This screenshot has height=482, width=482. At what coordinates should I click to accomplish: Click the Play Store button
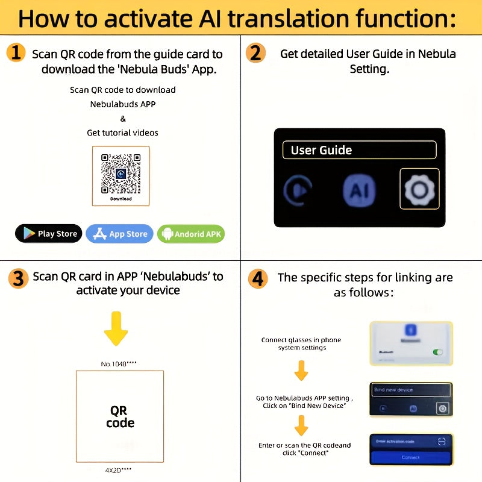click(x=48, y=234)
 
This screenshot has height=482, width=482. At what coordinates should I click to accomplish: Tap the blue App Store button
click(x=119, y=234)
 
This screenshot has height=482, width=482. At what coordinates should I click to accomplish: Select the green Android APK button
click(x=191, y=234)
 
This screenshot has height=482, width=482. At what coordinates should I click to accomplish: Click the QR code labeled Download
click(x=120, y=175)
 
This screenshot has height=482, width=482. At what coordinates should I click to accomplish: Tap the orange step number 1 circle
click(x=16, y=53)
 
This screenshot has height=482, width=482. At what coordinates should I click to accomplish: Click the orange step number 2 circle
click(x=256, y=53)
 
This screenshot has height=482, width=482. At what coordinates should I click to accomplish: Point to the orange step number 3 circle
click(x=18, y=278)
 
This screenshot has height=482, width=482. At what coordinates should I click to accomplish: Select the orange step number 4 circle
click(x=258, y=278)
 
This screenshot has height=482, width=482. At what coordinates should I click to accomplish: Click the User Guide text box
click(x=360, y=150)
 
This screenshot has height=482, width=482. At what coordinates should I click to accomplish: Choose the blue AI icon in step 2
click(x=359, y=190)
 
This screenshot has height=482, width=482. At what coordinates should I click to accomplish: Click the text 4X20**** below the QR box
click(x=118, y=469)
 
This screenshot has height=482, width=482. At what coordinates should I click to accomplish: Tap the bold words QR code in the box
click(x=119, y=417)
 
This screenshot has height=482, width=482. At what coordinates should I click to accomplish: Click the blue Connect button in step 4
click(x=410, y=457)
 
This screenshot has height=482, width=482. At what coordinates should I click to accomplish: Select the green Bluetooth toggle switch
click(x=437, y=352)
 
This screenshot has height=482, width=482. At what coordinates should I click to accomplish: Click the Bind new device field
click(x=410, y=390)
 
